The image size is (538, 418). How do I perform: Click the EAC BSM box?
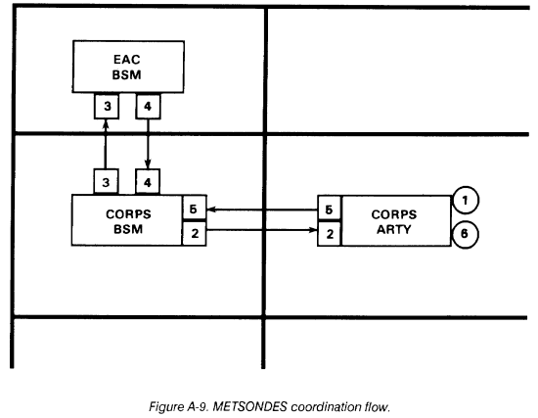(128, 67)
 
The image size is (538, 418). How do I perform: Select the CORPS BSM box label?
(128, 221)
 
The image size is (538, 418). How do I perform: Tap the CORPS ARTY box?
(396, 221)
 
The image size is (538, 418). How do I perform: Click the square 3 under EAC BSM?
(107, 107)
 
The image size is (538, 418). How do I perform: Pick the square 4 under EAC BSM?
(148, 107)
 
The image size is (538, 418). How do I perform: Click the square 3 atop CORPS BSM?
(106, 182)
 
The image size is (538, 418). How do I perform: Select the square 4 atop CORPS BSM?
(148, 182)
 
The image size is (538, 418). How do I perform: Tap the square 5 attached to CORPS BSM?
(195, 209)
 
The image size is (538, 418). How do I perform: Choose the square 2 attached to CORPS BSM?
(195, 234)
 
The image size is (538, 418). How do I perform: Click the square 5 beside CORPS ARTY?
(329, 209)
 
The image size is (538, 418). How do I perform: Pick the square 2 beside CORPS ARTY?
(329, 234)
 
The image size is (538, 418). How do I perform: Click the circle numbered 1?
(466, 200)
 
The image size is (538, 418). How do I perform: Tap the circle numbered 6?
(465, 234)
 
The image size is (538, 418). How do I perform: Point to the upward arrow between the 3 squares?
(106, 144)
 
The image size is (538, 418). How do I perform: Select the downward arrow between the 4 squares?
(148, 144)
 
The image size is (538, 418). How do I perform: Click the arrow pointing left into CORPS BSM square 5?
(262, 209)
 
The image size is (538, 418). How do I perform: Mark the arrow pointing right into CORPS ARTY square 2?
(262, 230)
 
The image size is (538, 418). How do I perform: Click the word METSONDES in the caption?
(249, 406)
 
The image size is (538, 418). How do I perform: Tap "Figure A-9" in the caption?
(178, 407)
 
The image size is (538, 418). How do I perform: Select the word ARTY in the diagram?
(394, 229)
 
